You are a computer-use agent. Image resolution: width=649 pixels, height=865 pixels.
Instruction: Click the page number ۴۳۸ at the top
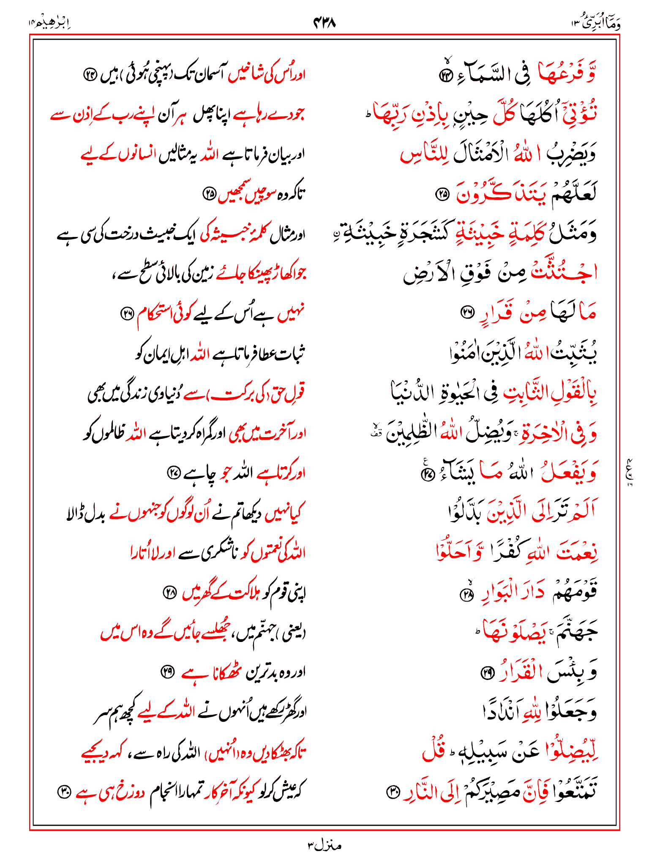(x=324, y=22)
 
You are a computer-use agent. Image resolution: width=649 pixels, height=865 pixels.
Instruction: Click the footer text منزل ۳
(x=324, y=845)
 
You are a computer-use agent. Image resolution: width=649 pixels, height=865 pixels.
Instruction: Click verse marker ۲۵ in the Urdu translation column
(x=210, y=194)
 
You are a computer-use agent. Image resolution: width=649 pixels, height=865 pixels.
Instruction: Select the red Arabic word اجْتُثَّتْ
(x=564, y=272)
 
